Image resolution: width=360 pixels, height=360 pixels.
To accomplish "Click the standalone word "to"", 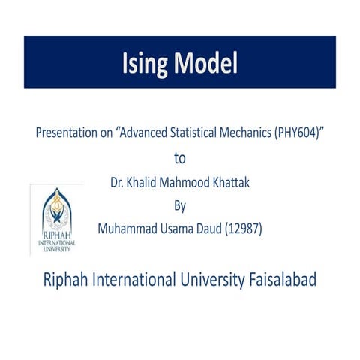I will tap(179, 158).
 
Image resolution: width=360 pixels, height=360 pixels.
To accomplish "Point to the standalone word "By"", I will tap(179, 205).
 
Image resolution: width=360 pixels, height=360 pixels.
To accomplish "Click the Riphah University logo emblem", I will tap(56, 211).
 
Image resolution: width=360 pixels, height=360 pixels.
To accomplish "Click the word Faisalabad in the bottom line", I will tap(281, 280).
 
